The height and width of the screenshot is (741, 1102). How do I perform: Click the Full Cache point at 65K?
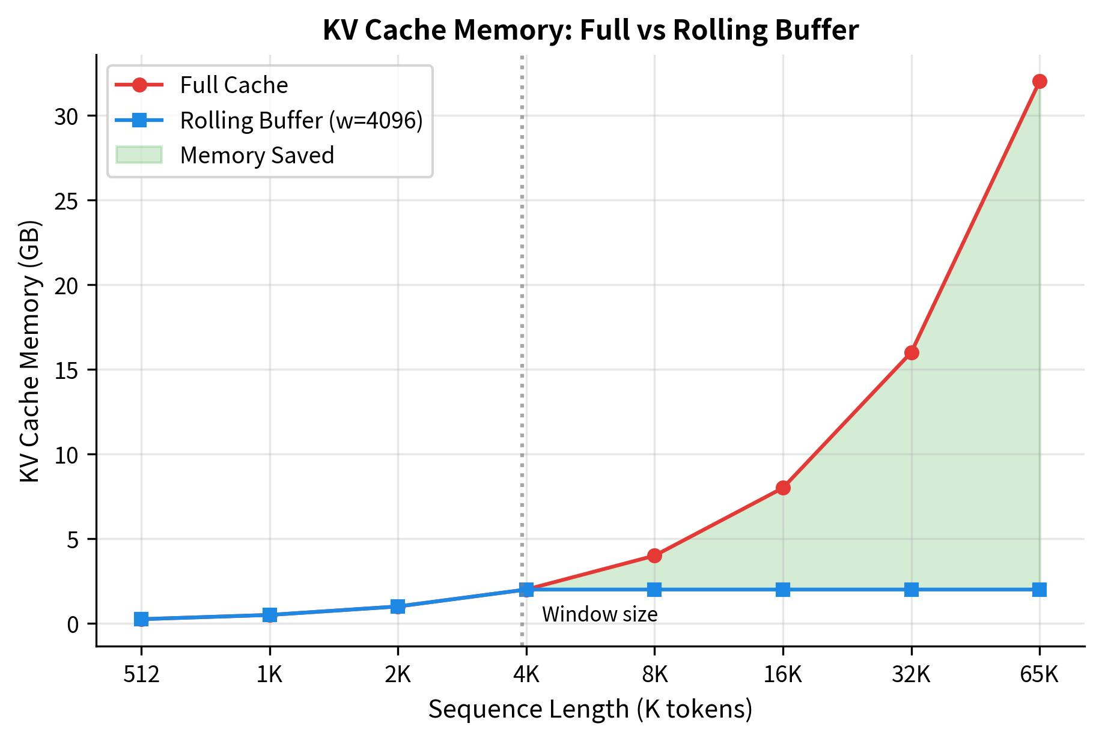[1040, 82]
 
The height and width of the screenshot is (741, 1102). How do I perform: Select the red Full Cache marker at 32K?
[912, 352]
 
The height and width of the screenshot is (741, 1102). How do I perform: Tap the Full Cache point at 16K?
[783, 488]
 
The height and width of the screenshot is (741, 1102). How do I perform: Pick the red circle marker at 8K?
[654, 555]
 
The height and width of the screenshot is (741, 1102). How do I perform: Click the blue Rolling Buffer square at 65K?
[1040, 590]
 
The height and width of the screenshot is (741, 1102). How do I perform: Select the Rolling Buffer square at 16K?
[783, 590]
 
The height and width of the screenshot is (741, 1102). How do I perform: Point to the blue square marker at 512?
[141, 619]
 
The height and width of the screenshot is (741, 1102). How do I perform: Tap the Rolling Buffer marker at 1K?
[270, 615]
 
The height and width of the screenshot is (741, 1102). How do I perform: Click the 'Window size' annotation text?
[599, 614]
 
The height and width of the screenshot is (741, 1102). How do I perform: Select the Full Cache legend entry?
[234, 85]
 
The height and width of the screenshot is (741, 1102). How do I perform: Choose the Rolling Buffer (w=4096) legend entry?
[301, 121]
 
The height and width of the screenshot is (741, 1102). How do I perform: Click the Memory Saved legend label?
[257, 156]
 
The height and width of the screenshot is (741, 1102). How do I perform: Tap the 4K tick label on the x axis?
[526, 676]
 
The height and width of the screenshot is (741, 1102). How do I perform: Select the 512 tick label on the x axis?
[141, 676]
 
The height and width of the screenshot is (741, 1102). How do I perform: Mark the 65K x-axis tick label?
[1039, 676]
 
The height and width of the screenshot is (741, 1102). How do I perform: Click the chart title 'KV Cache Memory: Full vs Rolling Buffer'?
[590, 30]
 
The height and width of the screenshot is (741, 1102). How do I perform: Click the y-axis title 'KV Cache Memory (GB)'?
[29, 351]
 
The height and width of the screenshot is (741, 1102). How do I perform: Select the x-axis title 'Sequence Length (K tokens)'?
[590, 710]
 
